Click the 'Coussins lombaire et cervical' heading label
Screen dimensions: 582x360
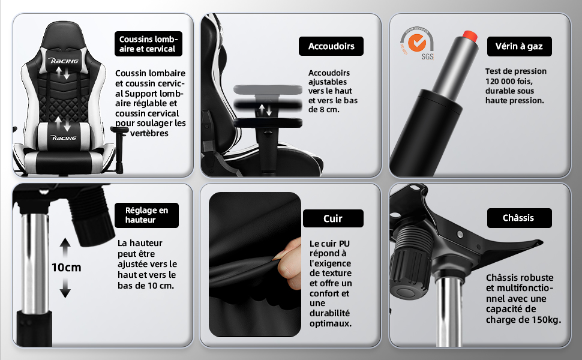click(148, 44)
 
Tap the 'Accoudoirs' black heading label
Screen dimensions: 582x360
click(331, 46)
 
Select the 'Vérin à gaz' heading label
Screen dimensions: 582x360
click(519, 46)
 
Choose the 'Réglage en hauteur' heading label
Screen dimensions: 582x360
click(146, 215)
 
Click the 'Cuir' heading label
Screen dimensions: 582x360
click(333, 218)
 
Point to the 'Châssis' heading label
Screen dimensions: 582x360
click(519, 218)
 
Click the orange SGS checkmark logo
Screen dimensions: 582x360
click(417, 43)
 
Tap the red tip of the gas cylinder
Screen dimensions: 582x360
click(470, 36)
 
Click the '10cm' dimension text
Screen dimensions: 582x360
click(66, 267)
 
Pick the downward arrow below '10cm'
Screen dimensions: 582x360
click(65, 288)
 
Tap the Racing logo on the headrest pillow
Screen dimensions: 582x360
click(64, 61)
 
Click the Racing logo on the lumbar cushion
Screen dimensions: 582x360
click(64, 137)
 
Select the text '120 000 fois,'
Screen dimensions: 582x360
click(509, 81)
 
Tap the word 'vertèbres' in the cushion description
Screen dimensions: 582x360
click(149, 133)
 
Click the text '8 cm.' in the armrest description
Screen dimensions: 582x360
click(329, 109)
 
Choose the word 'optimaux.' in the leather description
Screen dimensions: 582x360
click(331, 323)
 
